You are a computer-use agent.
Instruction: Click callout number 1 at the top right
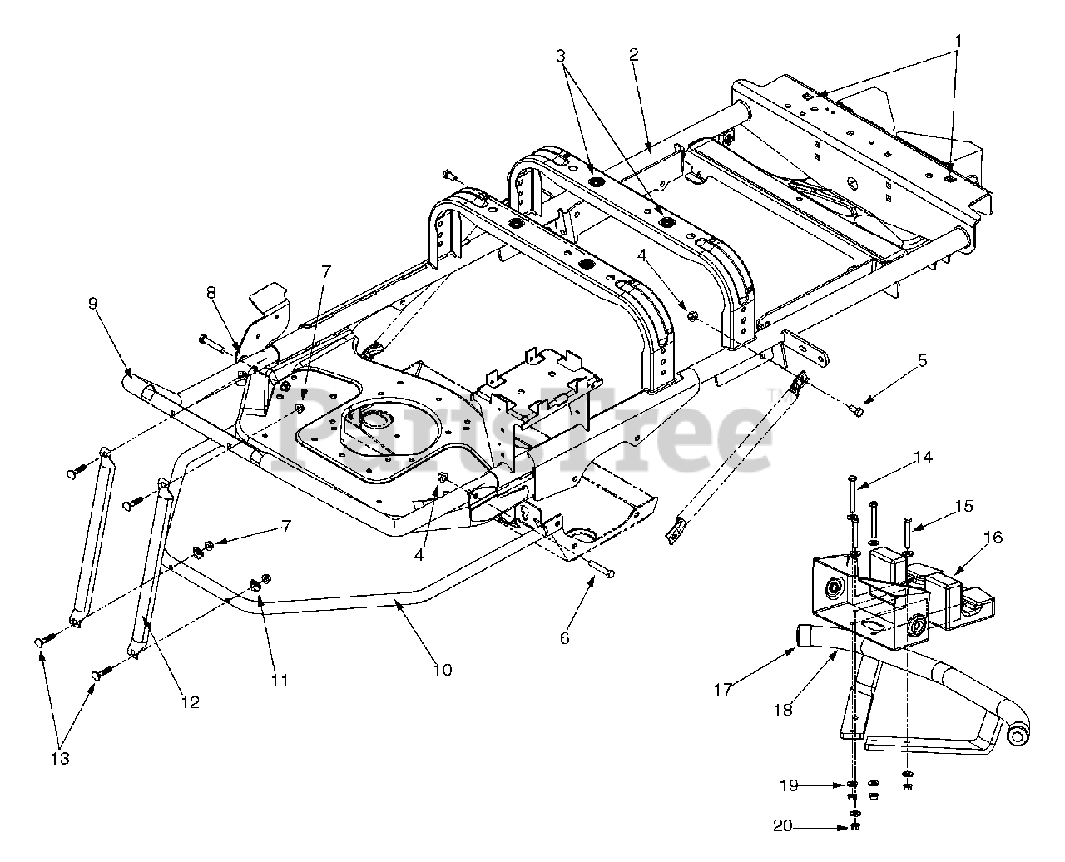point(958,41)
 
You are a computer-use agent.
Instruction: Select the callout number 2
point(634,54)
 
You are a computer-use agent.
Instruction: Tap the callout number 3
point(561,56)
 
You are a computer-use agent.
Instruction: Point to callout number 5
point(922,360)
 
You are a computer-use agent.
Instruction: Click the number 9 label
point(93,303)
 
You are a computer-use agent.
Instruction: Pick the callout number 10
point(443,670)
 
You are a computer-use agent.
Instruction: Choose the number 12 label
point(191,702)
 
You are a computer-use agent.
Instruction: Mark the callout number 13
point(60,759)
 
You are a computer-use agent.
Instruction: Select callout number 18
point(783,710)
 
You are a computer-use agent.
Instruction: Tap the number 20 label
point(782,825)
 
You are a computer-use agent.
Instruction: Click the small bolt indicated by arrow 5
point(856,411)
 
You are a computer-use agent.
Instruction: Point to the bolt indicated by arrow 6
point(601,571)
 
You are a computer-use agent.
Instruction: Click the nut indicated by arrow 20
point(855,828)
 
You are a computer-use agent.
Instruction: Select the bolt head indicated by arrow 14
point(853,479)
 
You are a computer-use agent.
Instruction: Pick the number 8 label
point(211,292)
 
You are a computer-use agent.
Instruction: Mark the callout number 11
point(280,680)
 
